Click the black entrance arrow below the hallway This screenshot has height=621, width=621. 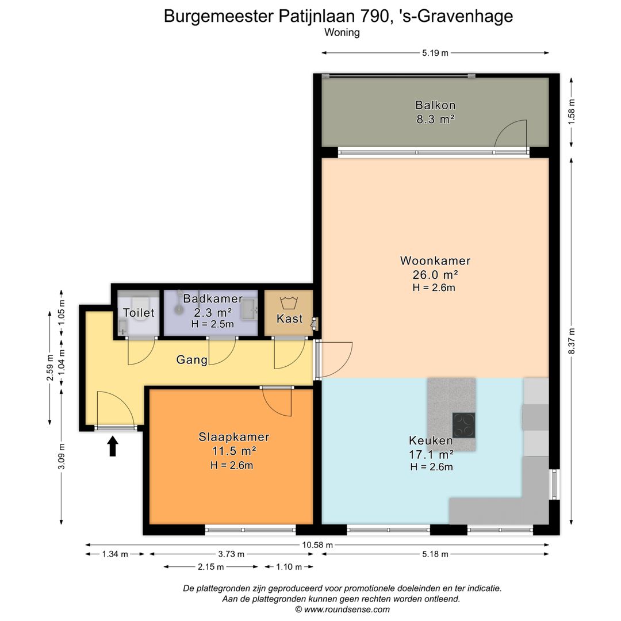pyautogui.click(x=113, y=446)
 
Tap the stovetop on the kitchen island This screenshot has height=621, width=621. pyautogui.click(x=463, y=425)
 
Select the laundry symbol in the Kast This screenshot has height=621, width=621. pyautogui.click(x=287, y=302)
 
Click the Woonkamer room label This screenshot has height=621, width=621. pyautogui.click(x=435, y=261)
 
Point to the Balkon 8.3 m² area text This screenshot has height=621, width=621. pyautogui.click(x=435, y=120)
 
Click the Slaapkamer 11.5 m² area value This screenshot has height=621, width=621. pyautogui.click(x=234, y=451)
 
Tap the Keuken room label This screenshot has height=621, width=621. pyautogui.click(x=431, y=441)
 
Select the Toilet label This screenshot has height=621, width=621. pyautogui.click(x=139, y=313)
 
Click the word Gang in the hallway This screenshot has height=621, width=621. pyautogui.click(x=191, y=361)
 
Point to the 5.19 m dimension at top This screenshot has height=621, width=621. pyautogui.click(x=435, y=53)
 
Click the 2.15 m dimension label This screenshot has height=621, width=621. pyautogui.click(x=211, y=567)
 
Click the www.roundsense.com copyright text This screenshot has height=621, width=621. pyautogui.click(x=342, y=609)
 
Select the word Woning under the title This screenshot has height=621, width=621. pyautogui.click(x=342, y=33)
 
